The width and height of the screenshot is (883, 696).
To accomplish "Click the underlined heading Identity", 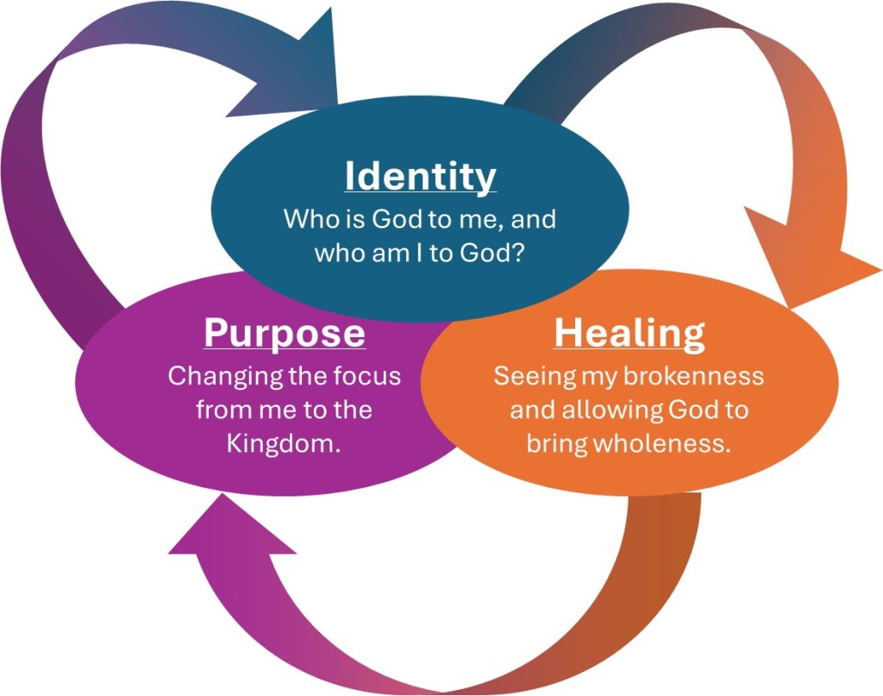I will pyautogui.click(x=420, y=176).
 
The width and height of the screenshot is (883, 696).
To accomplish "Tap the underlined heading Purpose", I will pyautogui.click(x=284, y=333).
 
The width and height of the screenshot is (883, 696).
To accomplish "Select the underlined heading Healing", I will pyautogui.click(x=629, y=333).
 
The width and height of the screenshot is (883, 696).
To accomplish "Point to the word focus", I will pyautogui.click(x=366, y=377).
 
